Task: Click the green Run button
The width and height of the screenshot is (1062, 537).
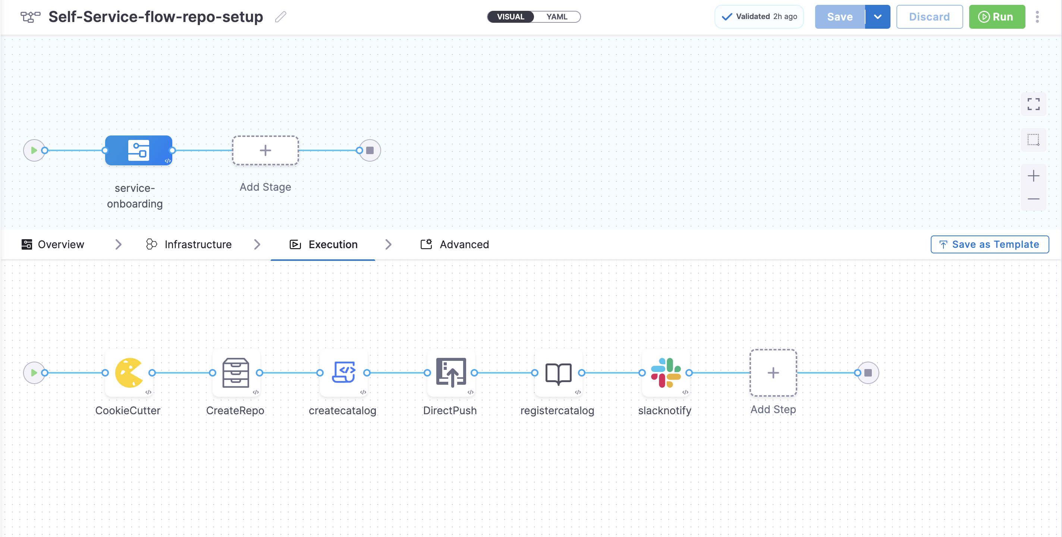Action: pos(996,17)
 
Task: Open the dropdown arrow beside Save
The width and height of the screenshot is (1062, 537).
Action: pos(877,17)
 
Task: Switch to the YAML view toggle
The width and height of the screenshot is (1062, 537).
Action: pos(557,17)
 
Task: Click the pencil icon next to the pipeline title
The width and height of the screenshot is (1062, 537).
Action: pos(281,17)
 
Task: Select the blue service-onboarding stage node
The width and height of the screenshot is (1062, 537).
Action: pos(138,150)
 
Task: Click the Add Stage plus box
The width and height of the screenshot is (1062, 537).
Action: pos(265,150)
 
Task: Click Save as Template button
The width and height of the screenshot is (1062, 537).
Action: pos(989,244)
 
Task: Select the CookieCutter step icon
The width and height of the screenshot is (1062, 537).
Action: pos(129,373)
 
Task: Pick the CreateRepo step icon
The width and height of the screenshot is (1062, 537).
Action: pos(236,373)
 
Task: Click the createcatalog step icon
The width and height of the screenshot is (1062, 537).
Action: pos(343,373)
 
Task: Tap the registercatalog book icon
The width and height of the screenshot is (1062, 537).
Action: pos(558,373)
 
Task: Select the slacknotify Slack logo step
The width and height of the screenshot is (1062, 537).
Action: pos(665,373)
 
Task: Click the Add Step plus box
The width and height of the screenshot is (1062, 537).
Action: pos(773,373)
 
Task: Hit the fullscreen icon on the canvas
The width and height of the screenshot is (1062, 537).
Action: pos(1033,104)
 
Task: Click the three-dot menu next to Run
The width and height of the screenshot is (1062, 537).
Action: pos(1037,17)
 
